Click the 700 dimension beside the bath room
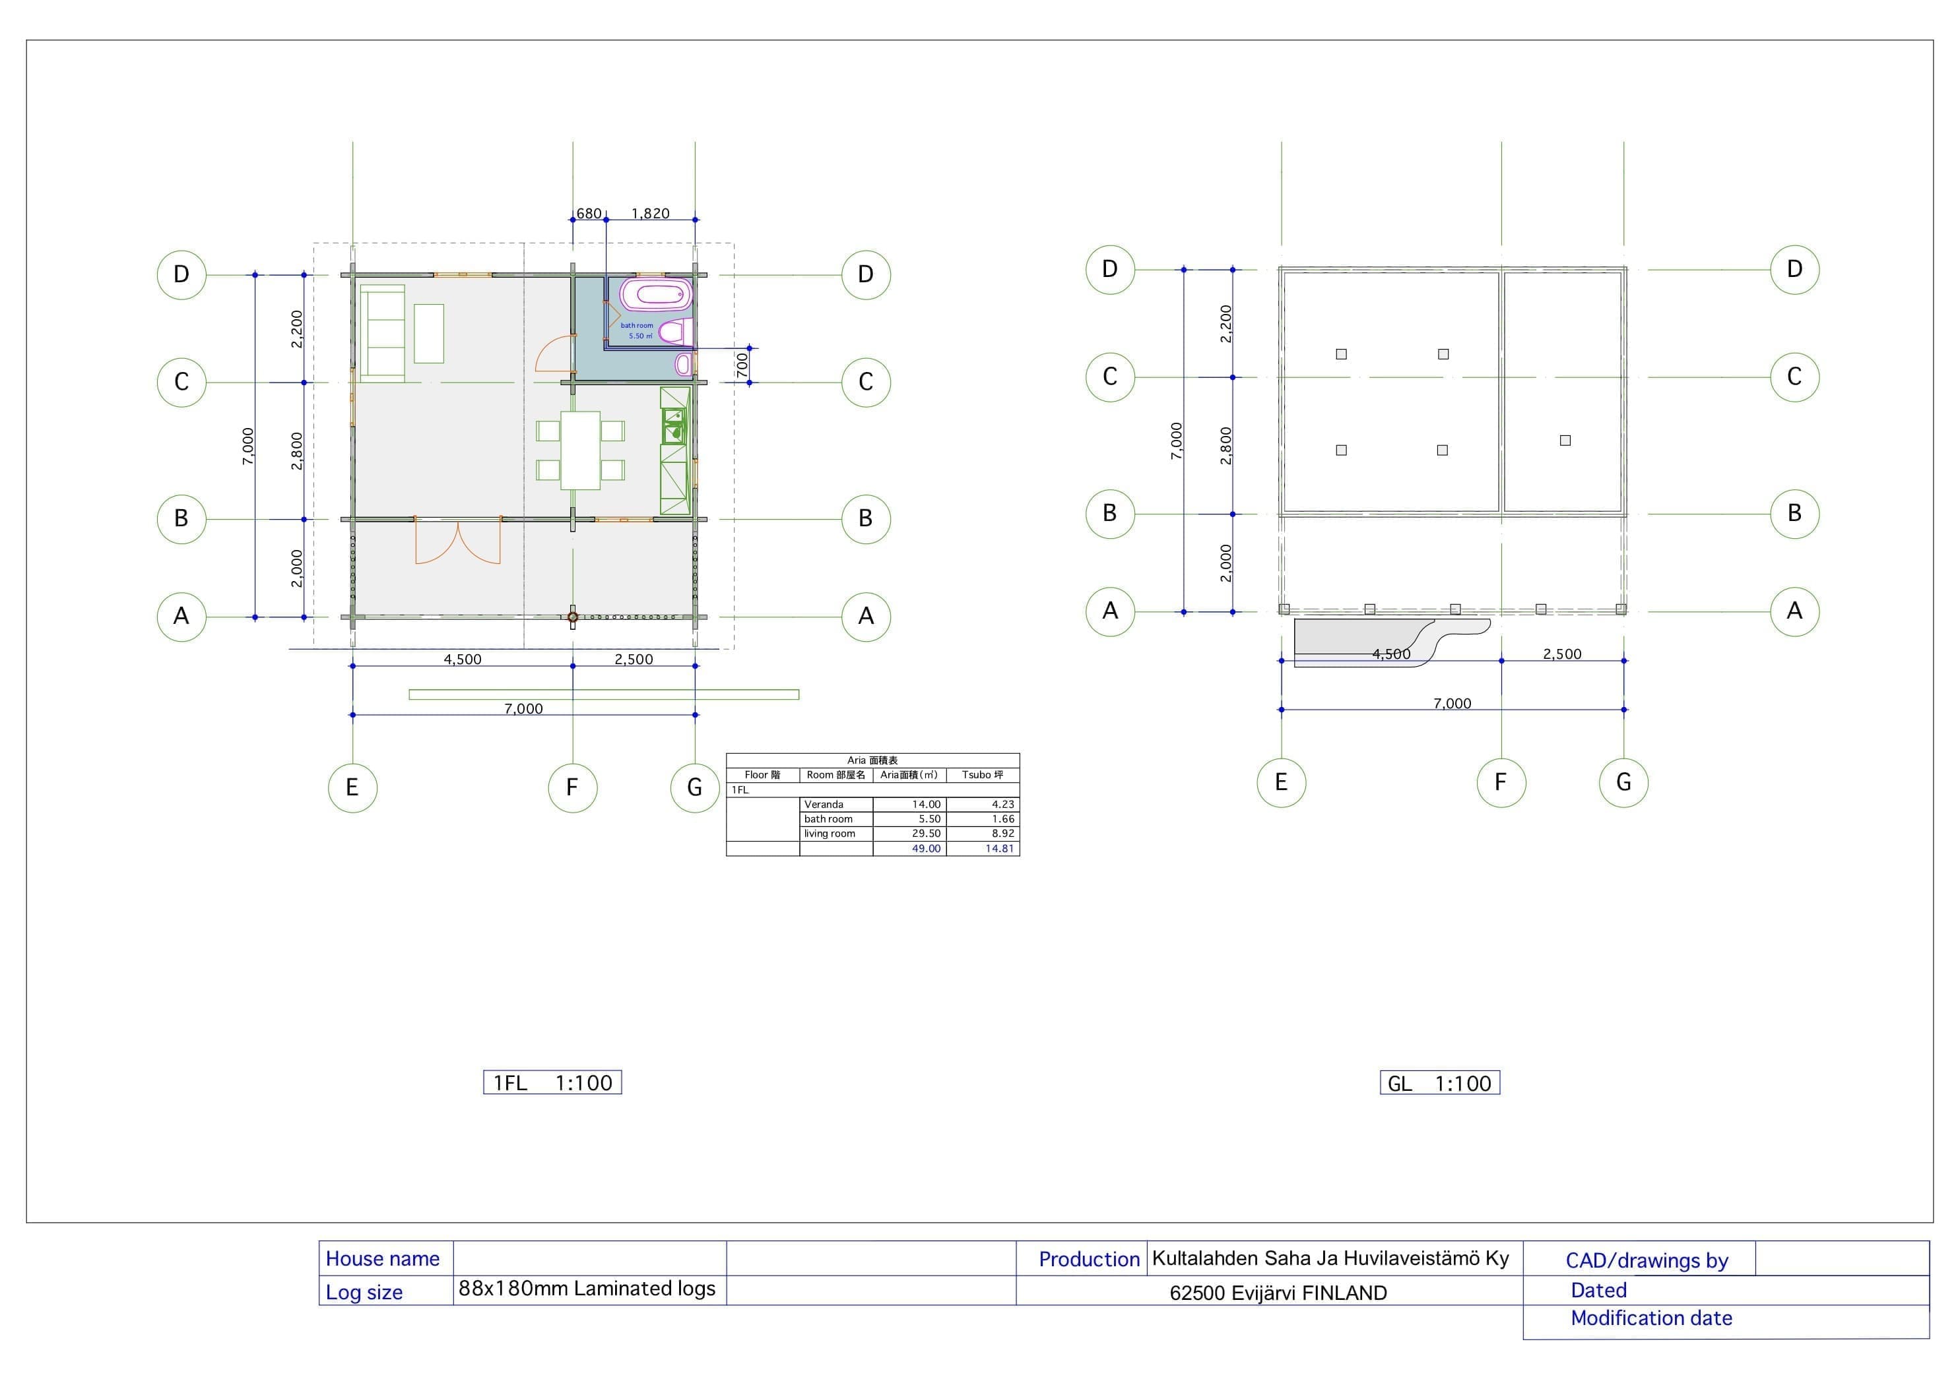(x=742, y=365)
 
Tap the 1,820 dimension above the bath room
(x=651, y=213)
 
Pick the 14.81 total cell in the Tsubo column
(x=998, y=848)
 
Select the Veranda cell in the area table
(x=824, y=804)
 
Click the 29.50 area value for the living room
(x=927, y=834)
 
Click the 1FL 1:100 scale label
(x=552, y=1082)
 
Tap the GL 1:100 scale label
(x=1439, y=1083)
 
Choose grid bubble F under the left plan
(x=572, y=787)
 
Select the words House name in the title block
(x=383, y=1259)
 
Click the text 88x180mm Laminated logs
(x=587, y=1289)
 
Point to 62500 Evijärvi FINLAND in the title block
(x=1278, y=1293)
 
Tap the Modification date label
(x=1651, y=1318)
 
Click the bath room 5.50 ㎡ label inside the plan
(x=637, y=331)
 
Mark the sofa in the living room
(x=383, y=333)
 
